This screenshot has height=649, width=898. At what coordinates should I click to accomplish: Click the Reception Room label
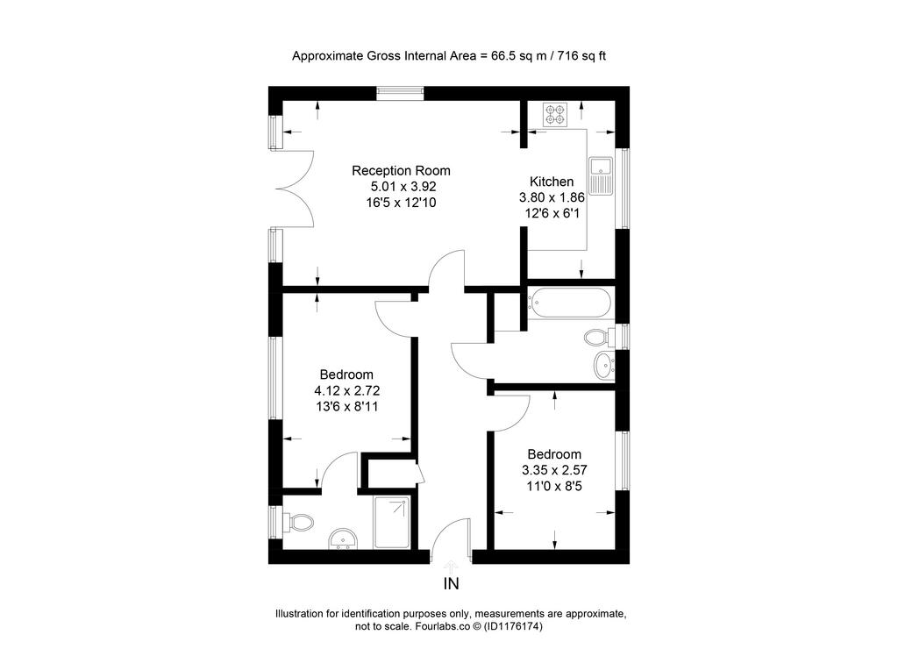coord(401,171)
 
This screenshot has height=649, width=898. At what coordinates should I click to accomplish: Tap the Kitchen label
coord(552,182)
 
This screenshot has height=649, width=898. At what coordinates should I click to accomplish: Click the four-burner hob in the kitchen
coord(555,115)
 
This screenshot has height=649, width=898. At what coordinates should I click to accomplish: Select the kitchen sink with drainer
coord(601,175)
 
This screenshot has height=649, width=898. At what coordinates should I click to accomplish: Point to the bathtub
coord(569,302)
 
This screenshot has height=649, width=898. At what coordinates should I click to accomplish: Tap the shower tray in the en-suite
coord(392,523)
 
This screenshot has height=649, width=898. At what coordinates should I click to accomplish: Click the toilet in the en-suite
coord(298,523)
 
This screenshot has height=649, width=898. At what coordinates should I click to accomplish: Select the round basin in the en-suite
coord(343,539)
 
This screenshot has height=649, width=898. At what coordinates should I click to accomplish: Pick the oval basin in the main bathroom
coord(604,366)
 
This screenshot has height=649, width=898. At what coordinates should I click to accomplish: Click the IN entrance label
coord(452,584)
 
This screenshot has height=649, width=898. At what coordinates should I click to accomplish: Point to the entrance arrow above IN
coord(452,567)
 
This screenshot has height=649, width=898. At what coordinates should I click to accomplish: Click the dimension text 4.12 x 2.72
coord(347,390)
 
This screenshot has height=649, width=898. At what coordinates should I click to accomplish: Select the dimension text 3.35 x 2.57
coord(554,470)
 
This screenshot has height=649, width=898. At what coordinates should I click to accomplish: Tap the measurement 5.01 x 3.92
coord(403,186)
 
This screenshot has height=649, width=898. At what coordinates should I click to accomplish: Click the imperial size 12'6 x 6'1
coord(552,213)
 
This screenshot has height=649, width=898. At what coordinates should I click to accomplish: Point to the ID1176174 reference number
coord(513,627)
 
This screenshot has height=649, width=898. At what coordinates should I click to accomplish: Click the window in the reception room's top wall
coord(400,93)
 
